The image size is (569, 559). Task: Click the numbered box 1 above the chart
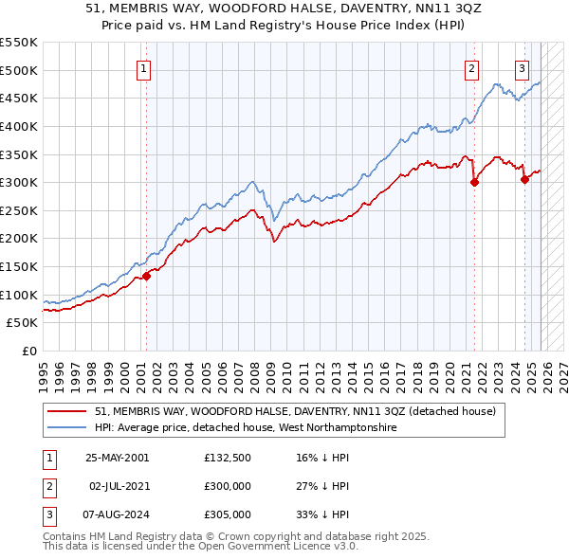pyautogui.click(x=143, y=67)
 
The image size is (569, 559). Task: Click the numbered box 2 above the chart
pyautogui.click(x=471, y=67)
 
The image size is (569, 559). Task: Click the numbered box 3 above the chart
pyautogui.click(x=522, y=67)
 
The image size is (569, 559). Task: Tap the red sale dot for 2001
pyautogui.click(x=146, y=277)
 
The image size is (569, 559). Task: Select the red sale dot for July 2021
pyautogui.click(x=474, y=184)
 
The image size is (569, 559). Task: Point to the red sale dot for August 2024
pyautogui.click(x=524, y=180)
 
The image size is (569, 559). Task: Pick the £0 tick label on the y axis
pyautogui.click(x=30, y=352)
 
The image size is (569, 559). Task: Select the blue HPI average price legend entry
pyautogui.click(x=246, y=428)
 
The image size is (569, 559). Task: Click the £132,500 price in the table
pyautogui.click(x=228, y=457)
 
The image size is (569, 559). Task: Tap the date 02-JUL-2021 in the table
pyautogui.click(x=117, y=485)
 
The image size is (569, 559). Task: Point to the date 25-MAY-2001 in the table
pyautogui.click(x=117, y=457)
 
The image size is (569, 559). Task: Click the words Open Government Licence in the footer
pyautogui.click(x=268, y=548)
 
